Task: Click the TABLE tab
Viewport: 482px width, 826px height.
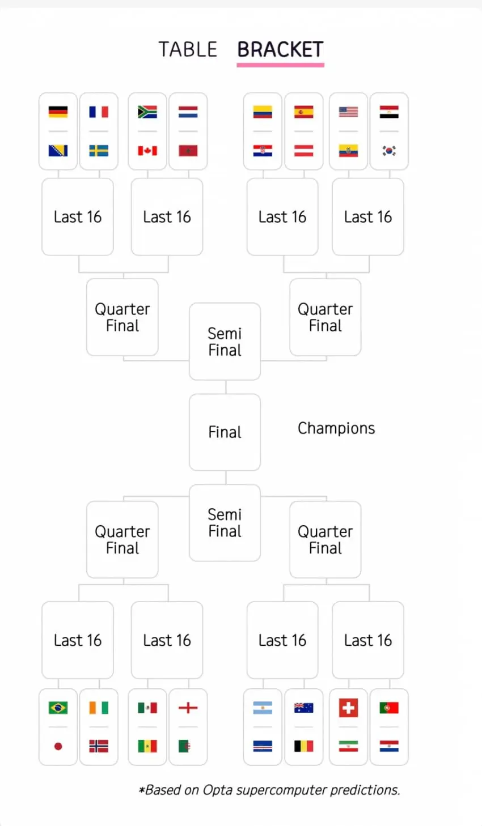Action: pyautogui.click(x=188, y=49)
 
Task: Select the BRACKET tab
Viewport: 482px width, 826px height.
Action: pyautogui.click(x=280, y=49)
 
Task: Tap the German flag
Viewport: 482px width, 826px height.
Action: pyautogui.click(x=58, y=112)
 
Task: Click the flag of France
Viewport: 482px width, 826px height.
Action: pyautogui.click(x=99, y=112)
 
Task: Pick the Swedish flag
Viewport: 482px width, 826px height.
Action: pyautogui.click(x=99, y=151)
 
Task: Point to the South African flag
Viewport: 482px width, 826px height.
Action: pyautogui.click(x=147, y=112)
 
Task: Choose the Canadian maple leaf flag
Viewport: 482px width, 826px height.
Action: pyautogui.click(x=147, y=151)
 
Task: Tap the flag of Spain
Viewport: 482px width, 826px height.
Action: pyautogui.click(x=304, y=112)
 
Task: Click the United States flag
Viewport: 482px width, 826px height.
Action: pyautogui.click(x=348, y=112)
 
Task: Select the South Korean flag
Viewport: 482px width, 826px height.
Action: pyautogui.click(x=389, y=151)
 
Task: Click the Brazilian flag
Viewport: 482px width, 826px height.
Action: pyautogui.click(x=58, y=708)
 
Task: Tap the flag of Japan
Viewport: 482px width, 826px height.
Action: pyautogui.click(x=58, y=746)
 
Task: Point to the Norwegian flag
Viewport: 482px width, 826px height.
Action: pyautogui.click(x=99, y=746)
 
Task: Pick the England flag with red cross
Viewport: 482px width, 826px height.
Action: pyautogui.click(x=188, y=708)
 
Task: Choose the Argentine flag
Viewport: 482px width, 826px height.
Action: pyautogui.click(x=263, y=708)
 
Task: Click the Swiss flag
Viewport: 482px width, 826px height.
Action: pyautogui.click(x=348, y=708)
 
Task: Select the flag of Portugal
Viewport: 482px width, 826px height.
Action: pyautogui.click(x=389, y=708)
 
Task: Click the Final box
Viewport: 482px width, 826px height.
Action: pyautogui.click(x=225, y=432)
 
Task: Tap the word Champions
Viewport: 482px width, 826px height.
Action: pyautogui.click(x=336, y=428)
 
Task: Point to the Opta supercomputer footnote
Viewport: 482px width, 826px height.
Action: pyautogui.click(x=269, y=790)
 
